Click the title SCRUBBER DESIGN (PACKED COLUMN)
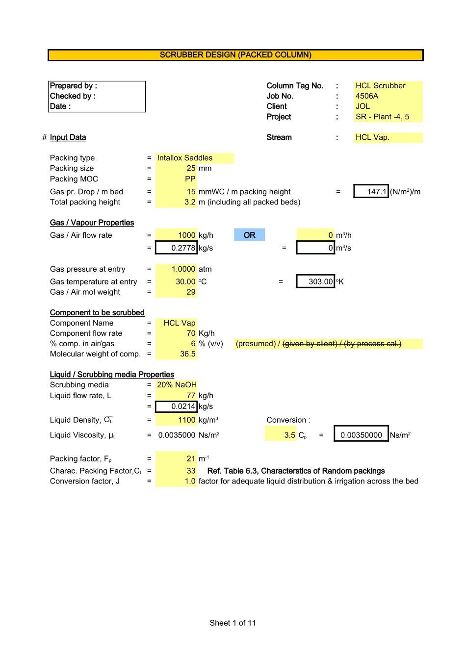pyautogui.click(x=235, y=55)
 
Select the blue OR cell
pyautogui.click(x=249, y=235)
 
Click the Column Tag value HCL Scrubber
pyautogui.click(x=381, y=86)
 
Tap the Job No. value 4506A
pyautogui.click(x=367, y=96)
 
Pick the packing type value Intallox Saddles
pyautogui.click(x=185, y=158)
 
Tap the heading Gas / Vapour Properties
pyautogui.click(x=92, y=223)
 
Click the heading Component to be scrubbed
pyautogui.click(x=97, y=313)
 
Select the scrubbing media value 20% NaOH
pyautogui.click(x=177, y=385)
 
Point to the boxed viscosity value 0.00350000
pyautogui.click(x=361, y=435)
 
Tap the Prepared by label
pyautogui.click(x=74, y=86)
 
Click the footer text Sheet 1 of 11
pyautogui.click(x=233, y=623)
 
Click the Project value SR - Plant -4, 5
pyautogui.click(x=382, y=117)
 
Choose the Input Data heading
pyautogui.click(x=68, y=137)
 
